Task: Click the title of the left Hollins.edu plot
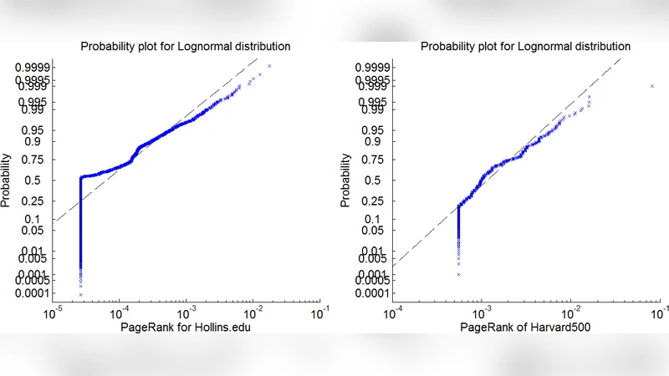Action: click(x=185, y=46)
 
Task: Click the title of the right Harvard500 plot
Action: click(x=525, y=46)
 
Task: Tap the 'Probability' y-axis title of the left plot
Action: click(x=7, y=180)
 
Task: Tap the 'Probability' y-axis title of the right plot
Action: click(x=346, y=180)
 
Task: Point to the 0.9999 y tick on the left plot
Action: click(x=31, y=66)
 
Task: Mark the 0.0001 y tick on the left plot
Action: click(x=31, y=294)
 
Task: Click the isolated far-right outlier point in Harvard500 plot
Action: click(x=651, y=85)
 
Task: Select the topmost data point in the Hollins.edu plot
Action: click(x=269, y=66)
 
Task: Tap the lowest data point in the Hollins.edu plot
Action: click(x=80, y=294)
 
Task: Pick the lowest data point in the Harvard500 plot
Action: click(x=458, y=274)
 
